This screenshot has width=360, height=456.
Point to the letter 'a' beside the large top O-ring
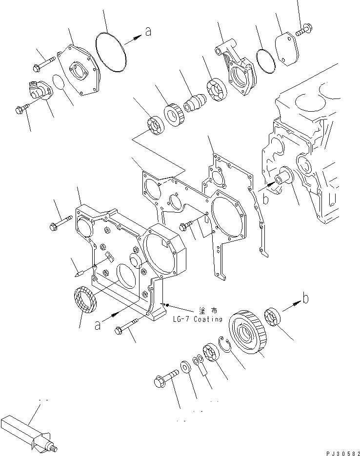(x=148, y=32)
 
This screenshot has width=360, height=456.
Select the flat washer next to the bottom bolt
(x=186, y=366)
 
